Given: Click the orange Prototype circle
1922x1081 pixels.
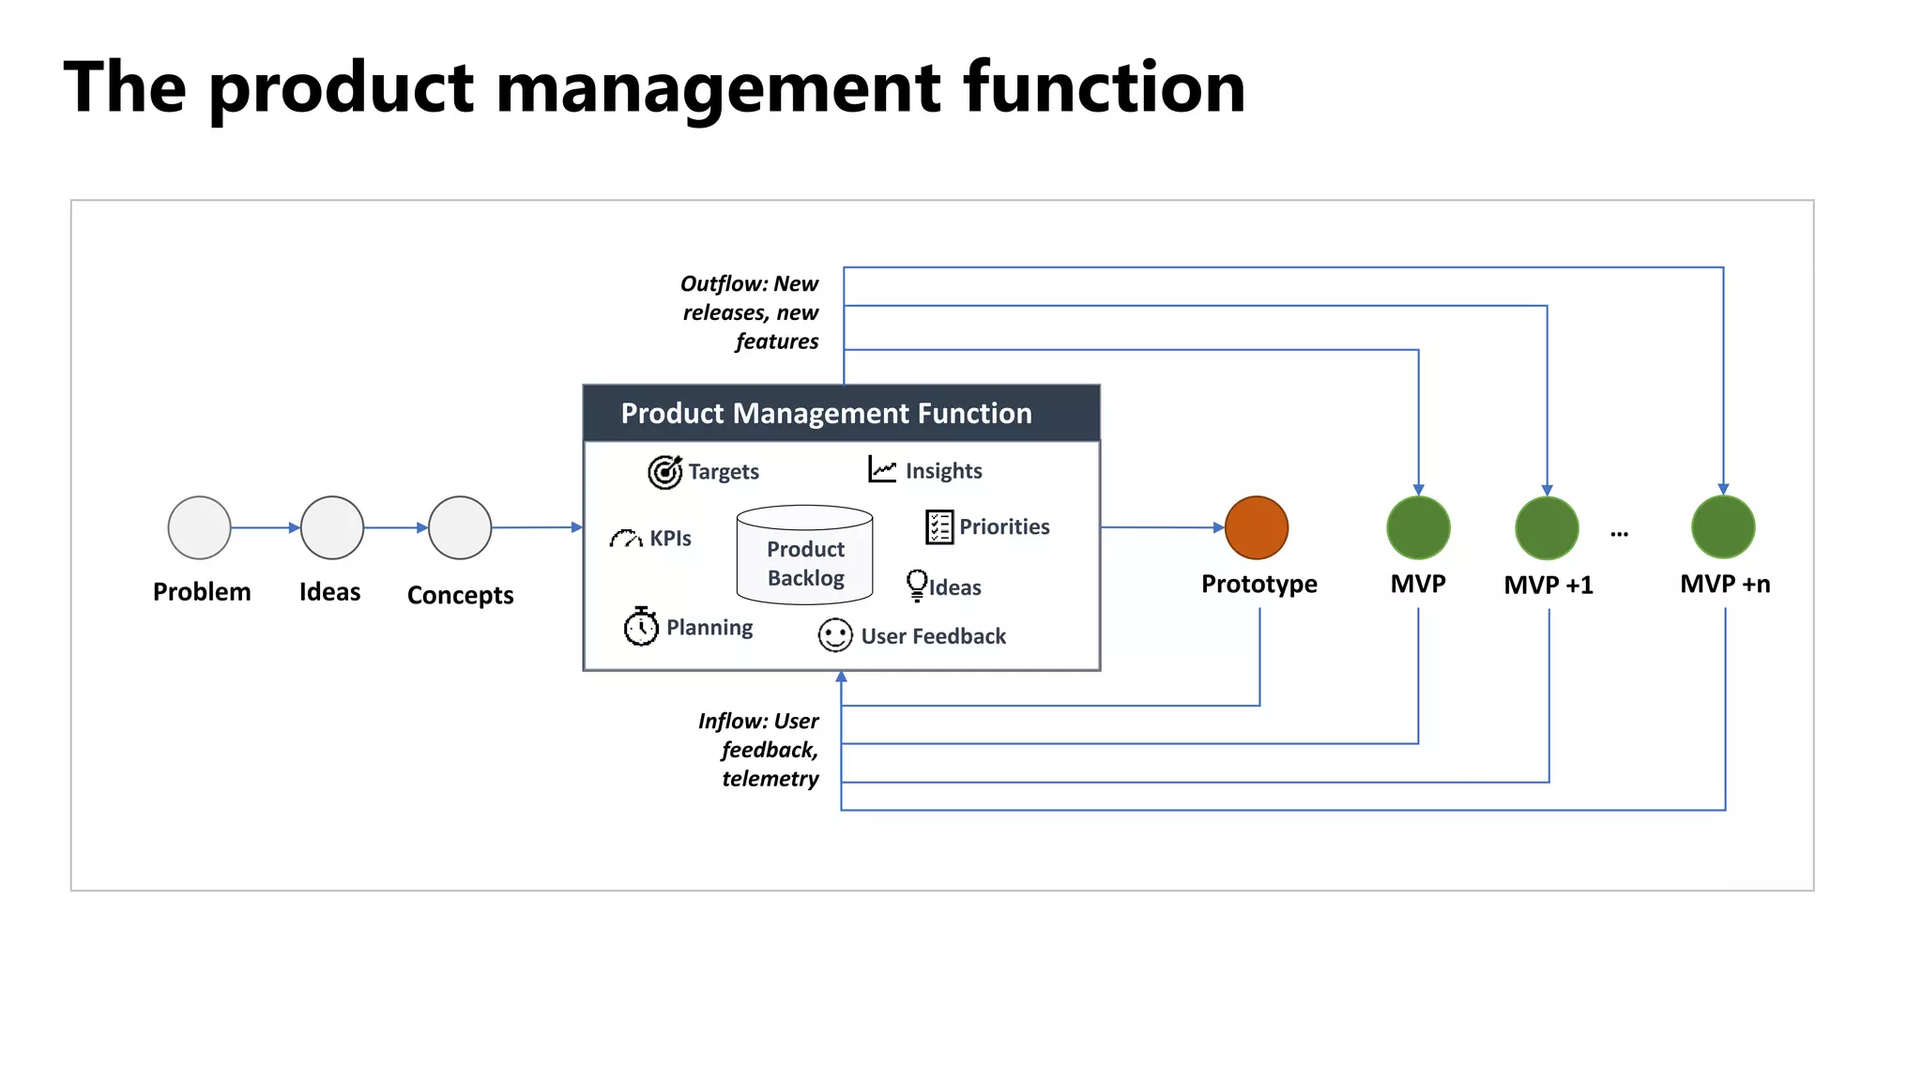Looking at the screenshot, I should (x=1256, y=527).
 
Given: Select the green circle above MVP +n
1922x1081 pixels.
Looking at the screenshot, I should (x=1723, y=527).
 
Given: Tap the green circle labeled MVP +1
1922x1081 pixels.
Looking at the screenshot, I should (x=1547, y=527).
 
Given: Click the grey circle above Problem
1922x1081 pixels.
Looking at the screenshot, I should (x=199, y=527).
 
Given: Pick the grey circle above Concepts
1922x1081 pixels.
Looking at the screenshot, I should (x=460, y=527).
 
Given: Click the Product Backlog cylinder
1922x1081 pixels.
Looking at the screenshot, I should (x=805, y=556).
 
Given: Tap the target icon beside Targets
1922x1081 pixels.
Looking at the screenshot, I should (x=664, y=471).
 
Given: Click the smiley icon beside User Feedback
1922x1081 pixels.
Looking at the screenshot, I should (x=834, y=635).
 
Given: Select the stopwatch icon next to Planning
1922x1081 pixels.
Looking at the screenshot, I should (x=641, y=626).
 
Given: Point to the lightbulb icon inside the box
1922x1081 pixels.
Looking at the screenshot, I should (x=916, y=585).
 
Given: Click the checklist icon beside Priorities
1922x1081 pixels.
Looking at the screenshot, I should (x=938, y=526).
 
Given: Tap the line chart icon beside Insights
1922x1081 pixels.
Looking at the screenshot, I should (x=882, y=469).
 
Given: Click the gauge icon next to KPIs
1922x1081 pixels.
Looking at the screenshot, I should (x=626, y=539).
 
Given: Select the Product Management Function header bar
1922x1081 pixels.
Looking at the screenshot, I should (x=841, y=413).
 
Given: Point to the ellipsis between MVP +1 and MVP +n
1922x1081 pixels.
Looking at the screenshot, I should (x=1619, y=534).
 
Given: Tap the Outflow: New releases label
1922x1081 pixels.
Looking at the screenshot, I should (x=751, y=312).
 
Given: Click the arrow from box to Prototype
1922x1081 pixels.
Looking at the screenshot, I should (x=1162, y=527).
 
